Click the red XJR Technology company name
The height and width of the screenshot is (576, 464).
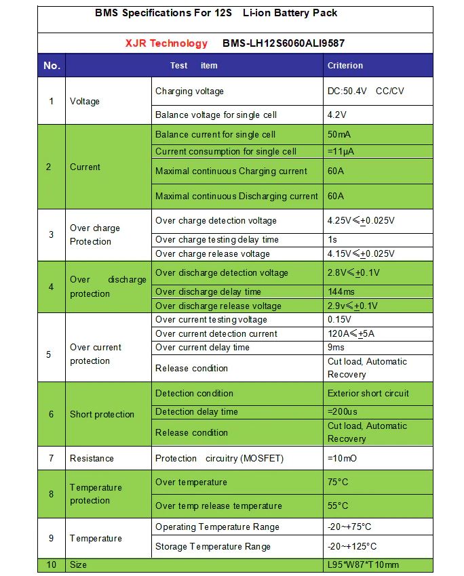[166, 43]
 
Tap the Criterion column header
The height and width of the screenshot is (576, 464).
[345, 66]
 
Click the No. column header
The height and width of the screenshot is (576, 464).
[52, 66]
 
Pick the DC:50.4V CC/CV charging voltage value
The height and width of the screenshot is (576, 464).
[366, 91]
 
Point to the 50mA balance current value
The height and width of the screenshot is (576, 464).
[339, 134]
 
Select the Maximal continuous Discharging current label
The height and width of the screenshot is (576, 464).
[236, 196]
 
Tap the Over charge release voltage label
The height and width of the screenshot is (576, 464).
[212, 253]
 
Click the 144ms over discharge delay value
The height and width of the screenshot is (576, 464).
[342, 291]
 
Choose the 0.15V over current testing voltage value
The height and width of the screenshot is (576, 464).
[340, 319]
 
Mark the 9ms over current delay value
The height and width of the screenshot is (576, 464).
[337, 347]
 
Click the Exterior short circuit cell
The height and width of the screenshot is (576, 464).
[368, 393]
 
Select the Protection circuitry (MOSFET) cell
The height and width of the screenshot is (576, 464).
[220, 458]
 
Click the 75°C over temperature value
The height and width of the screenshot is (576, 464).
[338, 482]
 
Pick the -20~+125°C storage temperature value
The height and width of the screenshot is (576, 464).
[352, 546]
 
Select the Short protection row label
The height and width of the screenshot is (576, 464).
[102, 414]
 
